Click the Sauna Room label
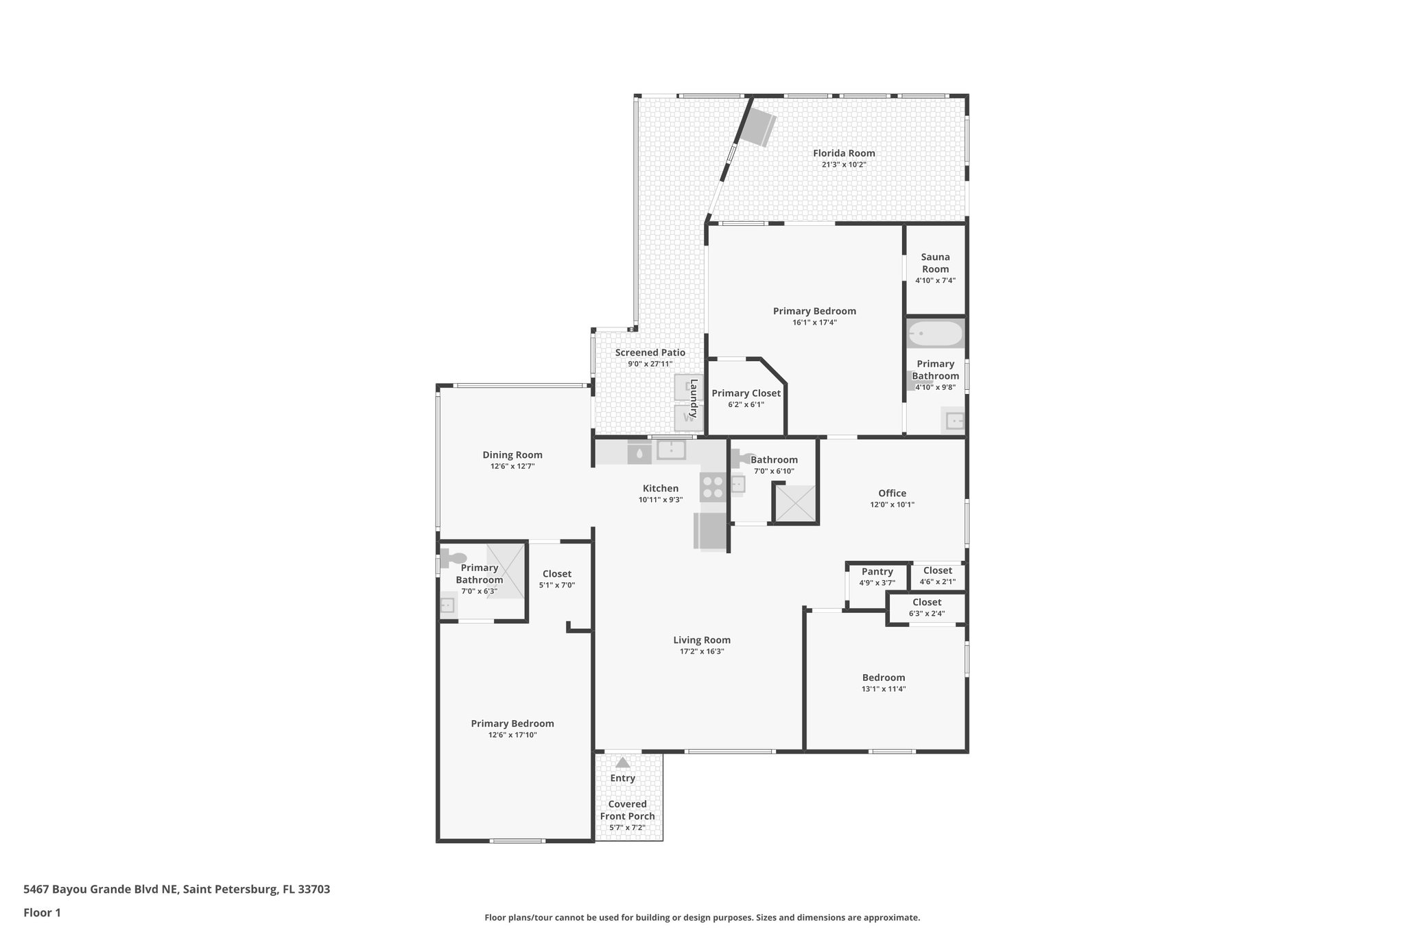[935, 263]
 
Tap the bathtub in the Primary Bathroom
[936, 335]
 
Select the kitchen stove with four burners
[713, 487]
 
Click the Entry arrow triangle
[622, 763]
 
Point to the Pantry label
[877, 572]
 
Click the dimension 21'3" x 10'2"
[844, 165]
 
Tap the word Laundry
[694, 399]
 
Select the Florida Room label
[844, 153]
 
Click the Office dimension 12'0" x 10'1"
[892, 505]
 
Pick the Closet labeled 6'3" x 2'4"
[926, 603]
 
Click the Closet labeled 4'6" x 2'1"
[937, 571]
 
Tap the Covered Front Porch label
[627, 810]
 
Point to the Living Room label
[702, 640]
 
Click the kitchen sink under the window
[671, 450]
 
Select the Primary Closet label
[746, 393]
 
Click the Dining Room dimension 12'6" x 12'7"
[512, 466]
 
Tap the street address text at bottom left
[176, 890]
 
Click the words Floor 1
[42, 913]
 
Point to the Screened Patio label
[650, 353]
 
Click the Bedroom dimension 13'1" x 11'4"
[884, 689]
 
